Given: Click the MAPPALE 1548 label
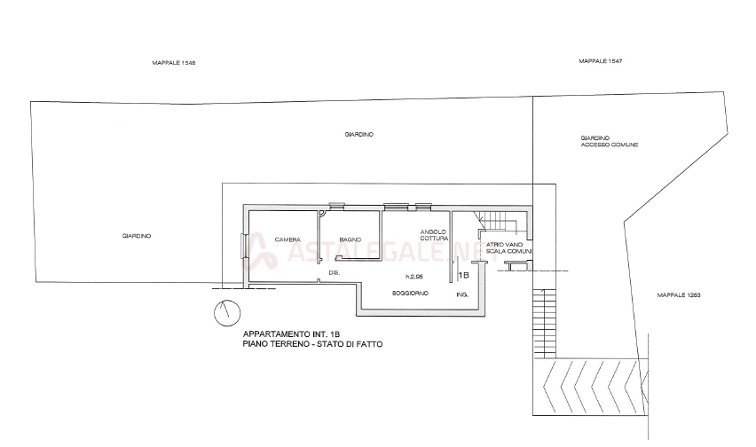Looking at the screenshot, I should coord(174,63).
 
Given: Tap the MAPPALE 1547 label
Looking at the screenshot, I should coord(602,61).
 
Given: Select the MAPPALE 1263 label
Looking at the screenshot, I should coord(680,293).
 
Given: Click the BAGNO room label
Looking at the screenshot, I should coord(348,239).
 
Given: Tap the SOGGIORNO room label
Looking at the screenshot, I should coord(411,293).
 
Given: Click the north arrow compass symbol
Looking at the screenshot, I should coord(226,311).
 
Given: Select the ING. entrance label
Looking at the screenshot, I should coord(460,294).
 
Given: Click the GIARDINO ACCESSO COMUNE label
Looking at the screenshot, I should coord(610,141).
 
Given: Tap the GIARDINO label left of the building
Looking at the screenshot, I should coord(138,235).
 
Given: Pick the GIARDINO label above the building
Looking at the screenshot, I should coord(358,135).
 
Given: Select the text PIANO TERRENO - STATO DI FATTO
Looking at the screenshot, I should coord(312,342).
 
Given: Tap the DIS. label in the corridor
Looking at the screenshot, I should coord(334,272).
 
